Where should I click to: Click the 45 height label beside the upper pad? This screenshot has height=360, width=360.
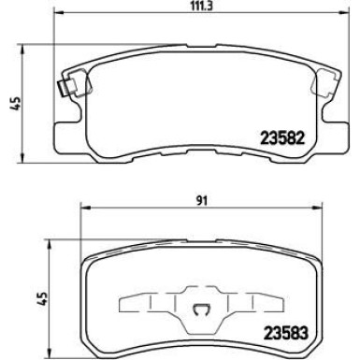tap(12, 106)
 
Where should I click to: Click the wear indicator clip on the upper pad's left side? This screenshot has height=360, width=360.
tap(63, 92)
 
